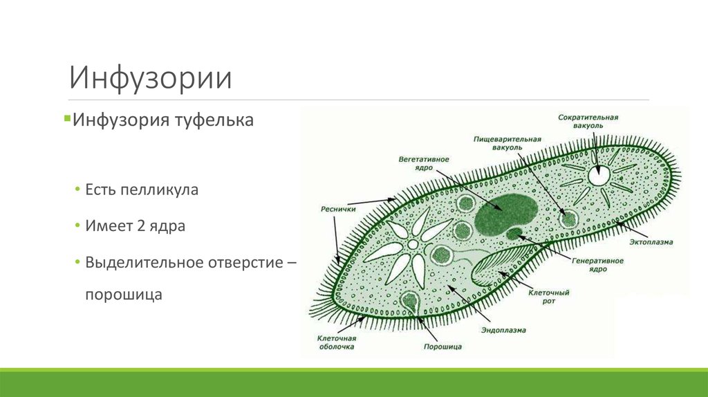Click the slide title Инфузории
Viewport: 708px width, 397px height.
point(150,78)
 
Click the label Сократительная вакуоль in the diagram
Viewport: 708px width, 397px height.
point(588,122)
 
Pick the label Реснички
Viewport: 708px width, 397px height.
point(338,208)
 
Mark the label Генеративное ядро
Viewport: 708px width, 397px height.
point(598,265)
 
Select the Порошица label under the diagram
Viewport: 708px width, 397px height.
point(442,347)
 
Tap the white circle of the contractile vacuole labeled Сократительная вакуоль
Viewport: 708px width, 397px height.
point(598,176)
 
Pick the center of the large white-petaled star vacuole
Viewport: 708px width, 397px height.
point(413,245)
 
